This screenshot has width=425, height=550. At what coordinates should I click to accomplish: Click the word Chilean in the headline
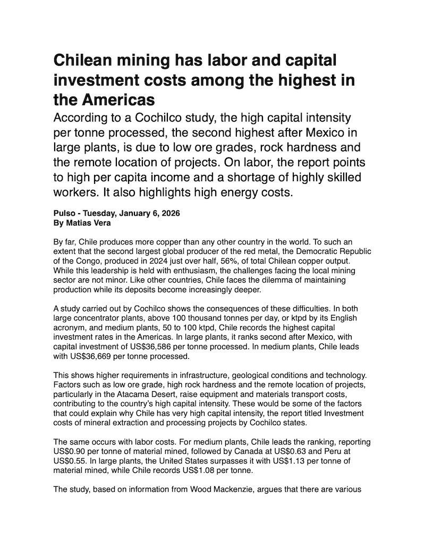(84, 60)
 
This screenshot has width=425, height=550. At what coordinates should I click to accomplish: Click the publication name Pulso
(64, 214)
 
